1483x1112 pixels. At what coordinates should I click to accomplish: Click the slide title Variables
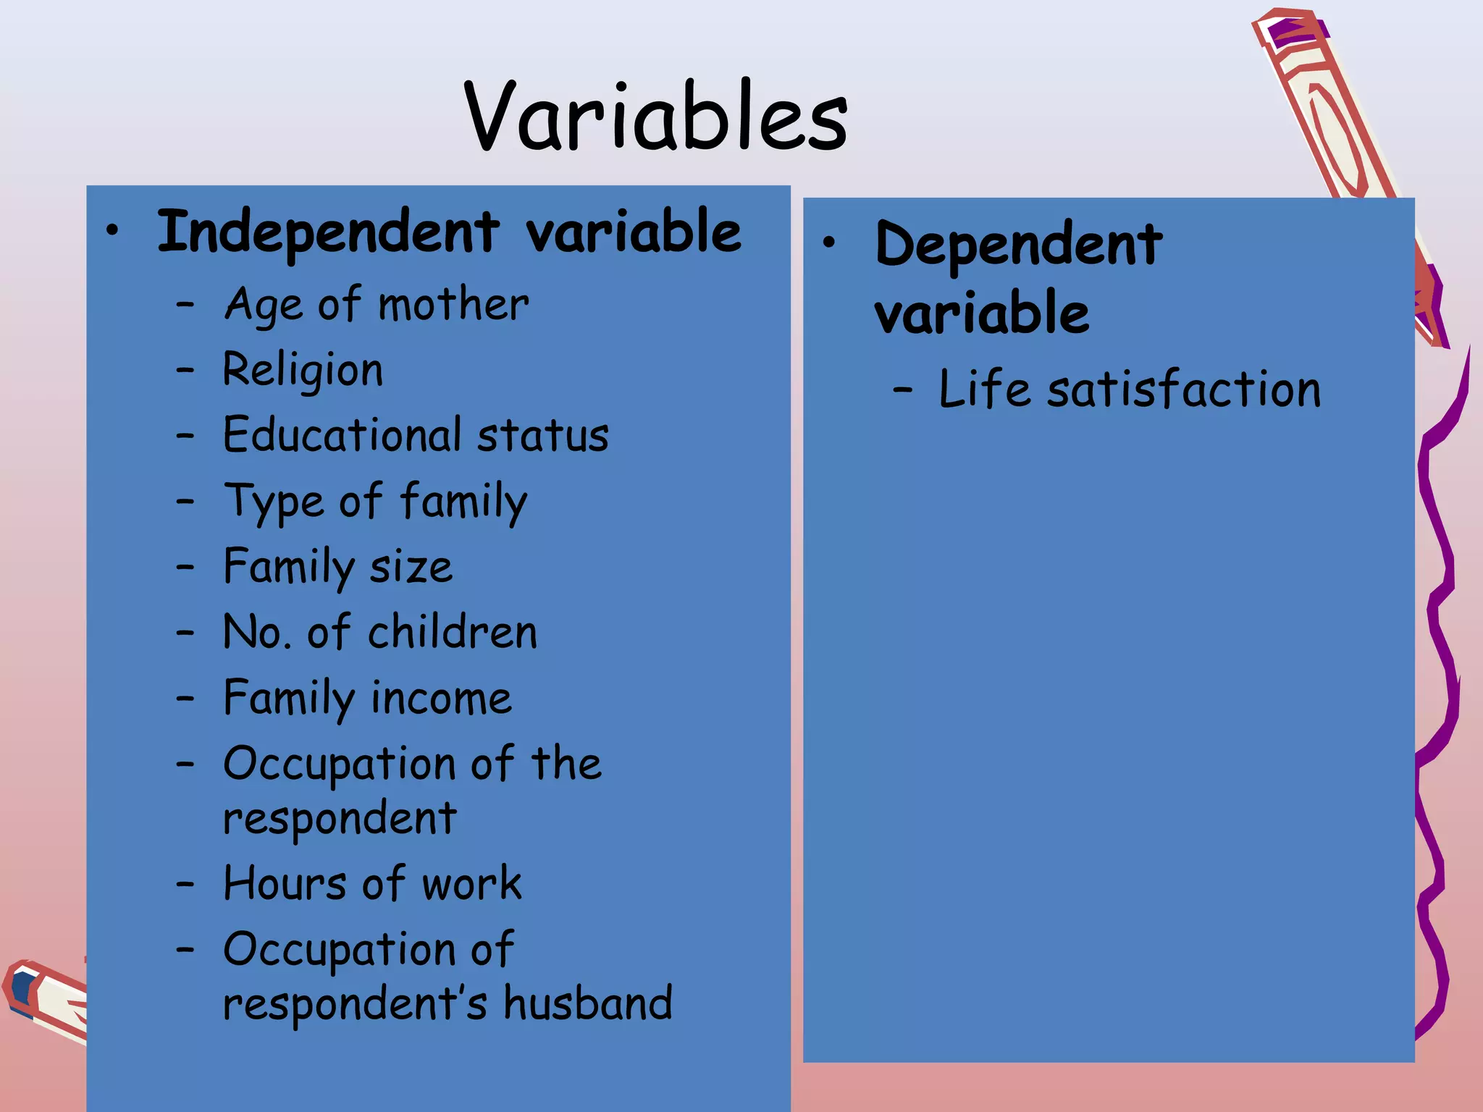655,117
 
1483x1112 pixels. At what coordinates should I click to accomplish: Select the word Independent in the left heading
328,232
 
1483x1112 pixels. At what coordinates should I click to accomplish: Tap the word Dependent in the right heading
1018,245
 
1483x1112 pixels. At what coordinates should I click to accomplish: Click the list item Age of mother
377,305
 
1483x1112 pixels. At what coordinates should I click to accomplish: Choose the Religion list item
303,370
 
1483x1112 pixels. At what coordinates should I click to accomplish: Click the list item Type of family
376,501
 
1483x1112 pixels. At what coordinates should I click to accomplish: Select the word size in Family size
411,567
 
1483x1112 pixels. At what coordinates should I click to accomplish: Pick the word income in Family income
441,699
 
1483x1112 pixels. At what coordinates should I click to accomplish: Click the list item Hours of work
372,884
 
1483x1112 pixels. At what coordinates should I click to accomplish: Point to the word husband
588,1004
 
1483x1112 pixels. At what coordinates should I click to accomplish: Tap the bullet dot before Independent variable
112,231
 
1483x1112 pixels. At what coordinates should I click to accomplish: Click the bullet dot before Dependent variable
829,243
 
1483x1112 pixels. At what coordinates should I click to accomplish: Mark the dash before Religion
185,370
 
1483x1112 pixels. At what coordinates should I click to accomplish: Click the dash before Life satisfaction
902,390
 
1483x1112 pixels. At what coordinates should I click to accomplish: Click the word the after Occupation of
566,764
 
